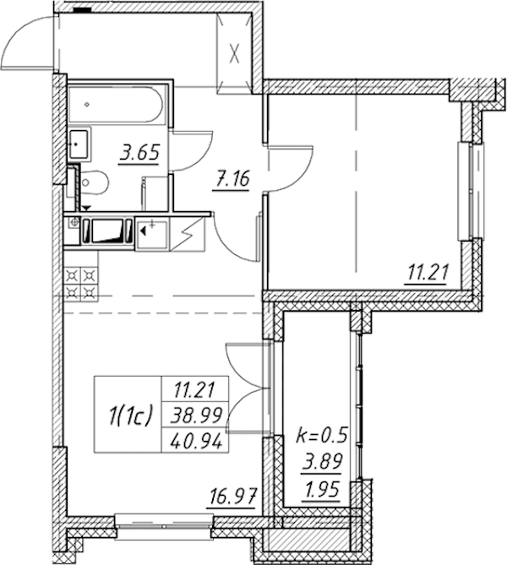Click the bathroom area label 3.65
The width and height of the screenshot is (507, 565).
pos(139,154)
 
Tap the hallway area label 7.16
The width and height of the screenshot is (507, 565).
pos(232,180)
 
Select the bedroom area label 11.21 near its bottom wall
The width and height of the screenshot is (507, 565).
pos(428,274)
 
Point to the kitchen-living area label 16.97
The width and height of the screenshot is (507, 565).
pos(232,497)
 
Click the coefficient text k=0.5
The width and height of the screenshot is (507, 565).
pos(322,435)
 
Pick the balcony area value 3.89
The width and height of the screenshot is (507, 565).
pos(322,462)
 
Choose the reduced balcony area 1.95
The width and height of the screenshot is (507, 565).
pos(322,489)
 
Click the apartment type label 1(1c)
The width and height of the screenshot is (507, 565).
pos(130,416)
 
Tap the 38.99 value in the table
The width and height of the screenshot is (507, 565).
pos(196,416)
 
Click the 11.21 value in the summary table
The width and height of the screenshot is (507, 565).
pos(194,389)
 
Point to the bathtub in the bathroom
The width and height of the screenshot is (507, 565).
pos(117,105)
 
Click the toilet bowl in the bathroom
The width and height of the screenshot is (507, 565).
pos(93,183)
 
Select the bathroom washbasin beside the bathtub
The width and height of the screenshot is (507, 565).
pos(79,144)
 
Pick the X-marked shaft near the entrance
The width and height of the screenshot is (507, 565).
pos(234,54)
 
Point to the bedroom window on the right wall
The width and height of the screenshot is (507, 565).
pos(470,192)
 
